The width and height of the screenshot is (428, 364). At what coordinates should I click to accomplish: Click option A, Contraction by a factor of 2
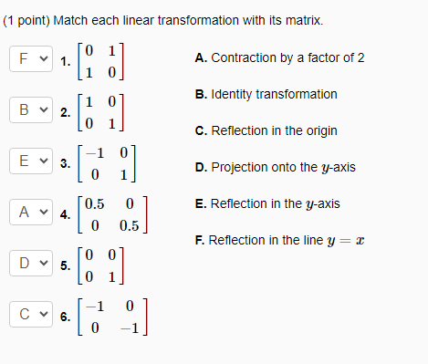pos(279,57)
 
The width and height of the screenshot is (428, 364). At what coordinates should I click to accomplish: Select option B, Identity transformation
pos(266,94)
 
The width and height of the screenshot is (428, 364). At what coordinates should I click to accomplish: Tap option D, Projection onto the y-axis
pos(275,167)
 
